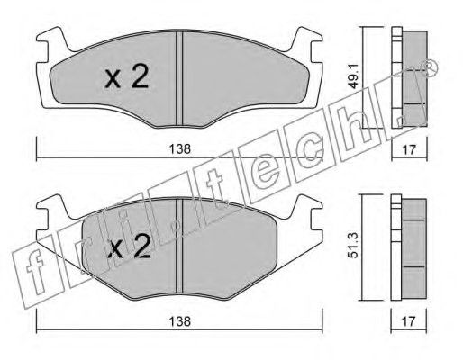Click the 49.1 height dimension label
pos(354,78)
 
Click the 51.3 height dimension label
pos(354,247)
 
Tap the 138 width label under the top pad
pos(179,149)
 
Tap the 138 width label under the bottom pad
pos(179,321)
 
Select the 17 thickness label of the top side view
pos(409,149)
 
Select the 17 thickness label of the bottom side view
pos(409,321)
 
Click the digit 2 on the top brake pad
pos(138,76)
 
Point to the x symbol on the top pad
pos(113,80)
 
